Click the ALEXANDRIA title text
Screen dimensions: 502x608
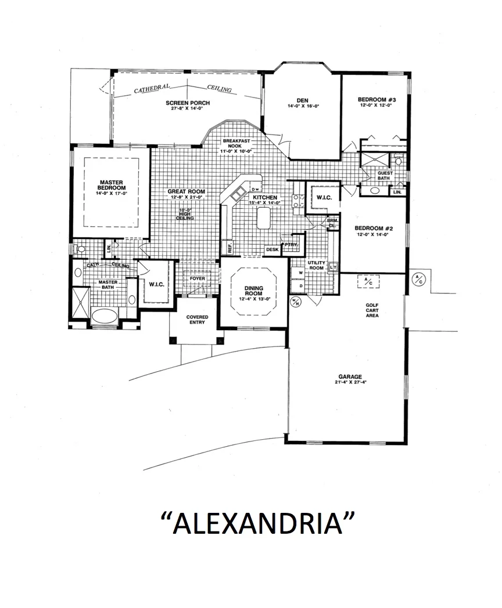(257, 522)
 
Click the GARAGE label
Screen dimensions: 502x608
(351, 378)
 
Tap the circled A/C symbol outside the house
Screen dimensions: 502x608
(418, 279)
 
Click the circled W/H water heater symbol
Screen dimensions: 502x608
(296, 301)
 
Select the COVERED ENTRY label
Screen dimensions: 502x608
(197, 319)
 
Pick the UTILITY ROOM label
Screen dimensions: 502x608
(316, 265)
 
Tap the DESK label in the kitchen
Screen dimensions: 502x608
(272, 249)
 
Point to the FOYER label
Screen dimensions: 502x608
(198, 278)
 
